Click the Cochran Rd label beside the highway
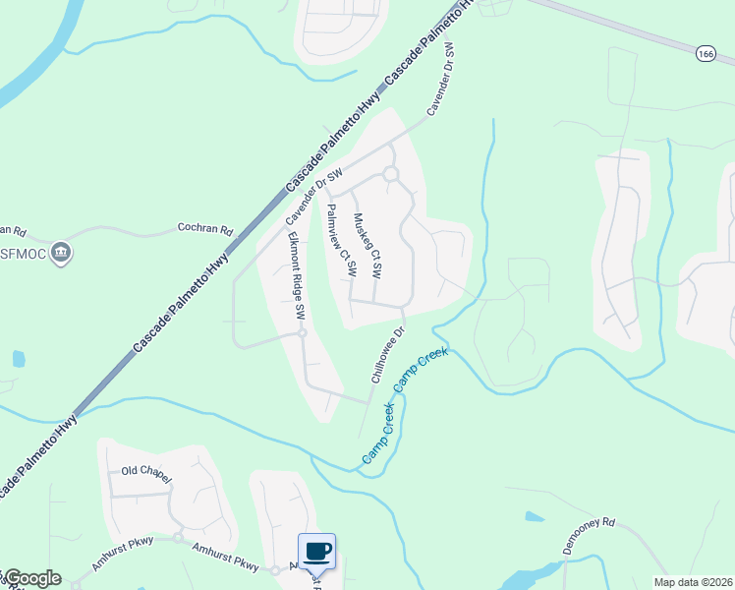[x=204, y=229]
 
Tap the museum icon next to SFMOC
[x=62, y=253]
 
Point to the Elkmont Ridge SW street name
[x=297, y=275]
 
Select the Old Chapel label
[x=146, y=473]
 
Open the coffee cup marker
[x=316, y=552]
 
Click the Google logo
[x=31, y=578]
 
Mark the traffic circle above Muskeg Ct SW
[x=390, y=174]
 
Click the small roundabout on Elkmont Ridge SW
[x=303, y=333]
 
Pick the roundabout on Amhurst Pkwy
[x=178, y=538]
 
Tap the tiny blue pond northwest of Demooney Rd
[x=535, y=516]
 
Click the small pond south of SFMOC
[x=17, y=358]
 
